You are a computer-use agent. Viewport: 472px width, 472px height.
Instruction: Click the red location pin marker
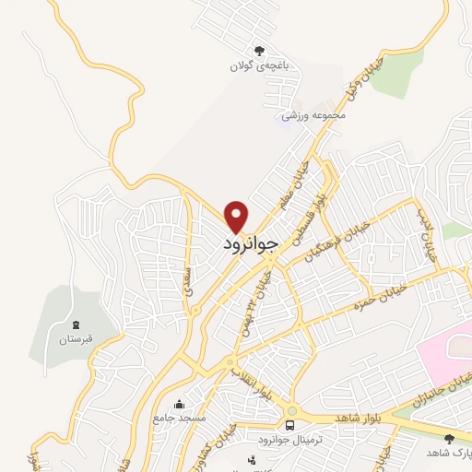[238, 216]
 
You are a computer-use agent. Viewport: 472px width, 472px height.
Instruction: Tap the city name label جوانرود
[249, 245]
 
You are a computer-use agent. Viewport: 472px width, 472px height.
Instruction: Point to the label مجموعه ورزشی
[313, 115]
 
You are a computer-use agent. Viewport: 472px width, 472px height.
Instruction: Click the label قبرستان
[75, 339]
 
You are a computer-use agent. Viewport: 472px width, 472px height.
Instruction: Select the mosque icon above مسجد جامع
[179, 404]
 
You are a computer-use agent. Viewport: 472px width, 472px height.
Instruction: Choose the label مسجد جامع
[180, 419]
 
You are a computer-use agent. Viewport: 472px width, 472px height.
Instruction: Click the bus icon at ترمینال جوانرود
[290, 425]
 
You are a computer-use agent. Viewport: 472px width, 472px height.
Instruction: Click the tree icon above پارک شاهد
[449, 438]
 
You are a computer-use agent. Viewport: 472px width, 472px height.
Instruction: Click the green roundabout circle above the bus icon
[291, 411]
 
